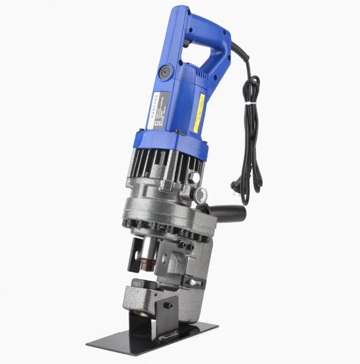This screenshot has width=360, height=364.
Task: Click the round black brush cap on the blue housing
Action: pos(166,71)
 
